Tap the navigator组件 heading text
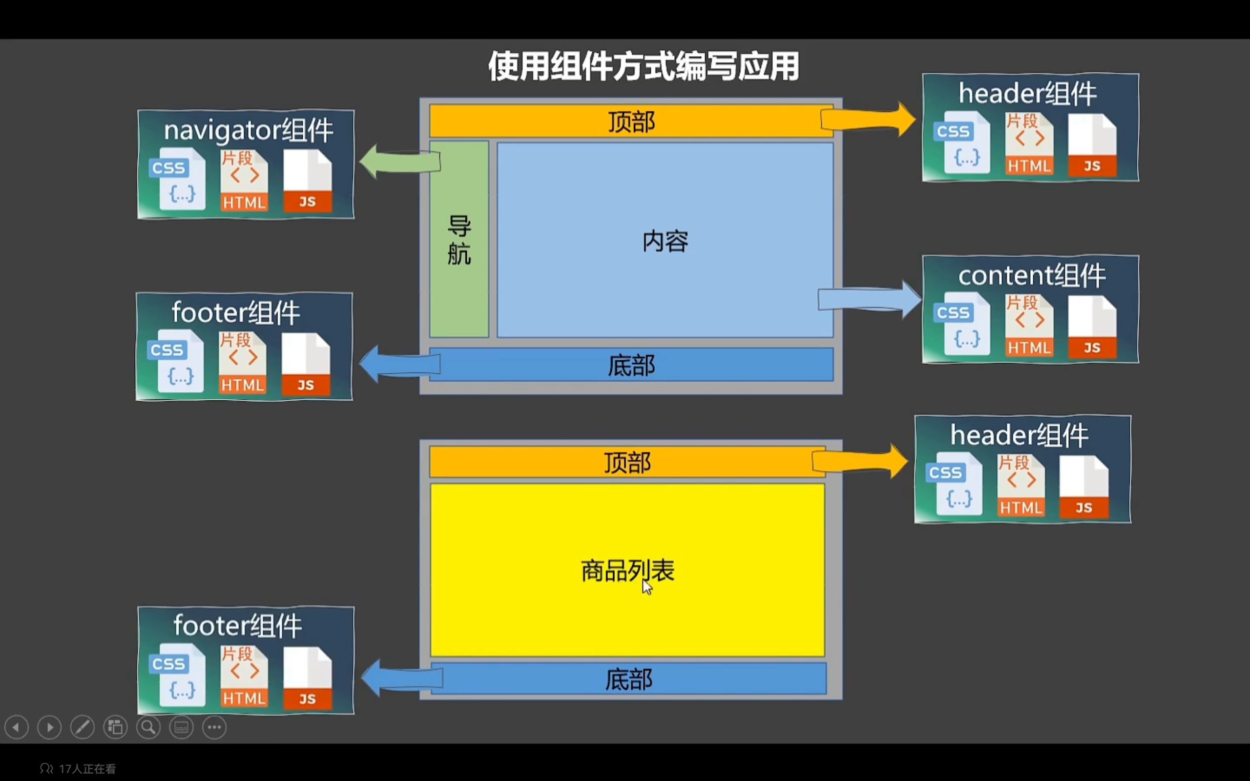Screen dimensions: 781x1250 (x=248, y=130)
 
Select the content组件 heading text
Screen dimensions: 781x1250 (x=1032, y=275)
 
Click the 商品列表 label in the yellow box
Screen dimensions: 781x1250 (x=627, y=571)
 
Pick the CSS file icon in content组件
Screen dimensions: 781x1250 (x=962, y=324)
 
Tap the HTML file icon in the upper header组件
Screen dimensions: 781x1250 (x=1029, y=144)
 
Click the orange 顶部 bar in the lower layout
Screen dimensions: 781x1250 (x=626, y=462)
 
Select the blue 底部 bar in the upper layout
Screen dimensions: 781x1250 (x=631, y=365)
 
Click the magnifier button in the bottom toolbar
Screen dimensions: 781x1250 (x=148, y=727)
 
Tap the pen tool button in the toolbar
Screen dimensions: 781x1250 (x=83, y=727)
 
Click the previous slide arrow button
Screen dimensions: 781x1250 (x=17, y=727)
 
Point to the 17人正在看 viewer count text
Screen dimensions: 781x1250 (x=87, y=769)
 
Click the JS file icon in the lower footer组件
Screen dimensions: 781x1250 (x=307, y=678)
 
